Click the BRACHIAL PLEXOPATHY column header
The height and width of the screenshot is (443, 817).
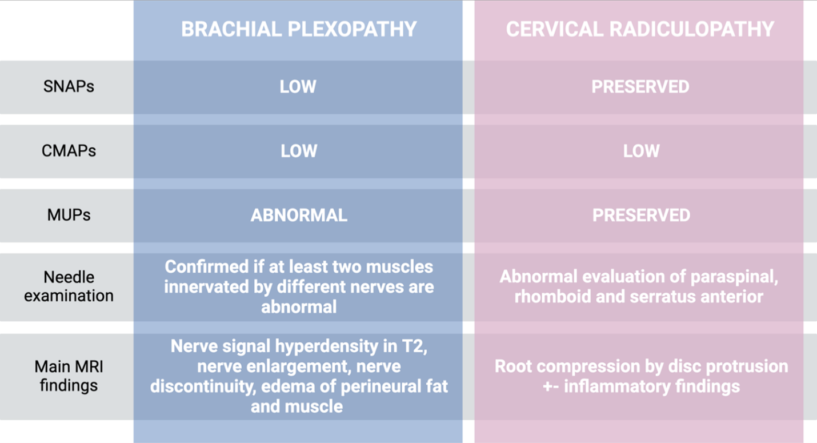(x=299, y=29)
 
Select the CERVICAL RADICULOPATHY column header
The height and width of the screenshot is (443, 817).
(x=640, y=29)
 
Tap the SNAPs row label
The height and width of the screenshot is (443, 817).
(x=69, y=87)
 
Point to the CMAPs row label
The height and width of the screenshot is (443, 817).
(x=69, y=151)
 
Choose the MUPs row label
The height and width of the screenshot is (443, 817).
(x=69, y=215)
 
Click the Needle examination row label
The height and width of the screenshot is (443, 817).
(x=69, y=286)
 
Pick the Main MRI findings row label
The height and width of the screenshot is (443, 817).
(x=69, y=375)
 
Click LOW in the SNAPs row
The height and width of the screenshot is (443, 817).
(x=298, y=87)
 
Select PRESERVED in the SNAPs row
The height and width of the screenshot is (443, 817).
(x=640, y=87)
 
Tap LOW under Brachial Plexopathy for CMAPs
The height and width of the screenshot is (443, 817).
(x=298, y=151)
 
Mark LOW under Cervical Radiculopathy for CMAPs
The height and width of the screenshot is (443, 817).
(x=641, y=151)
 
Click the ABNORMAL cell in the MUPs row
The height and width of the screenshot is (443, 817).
(x=299, y=215)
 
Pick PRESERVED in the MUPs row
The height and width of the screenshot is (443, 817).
(x=641, y=215)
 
